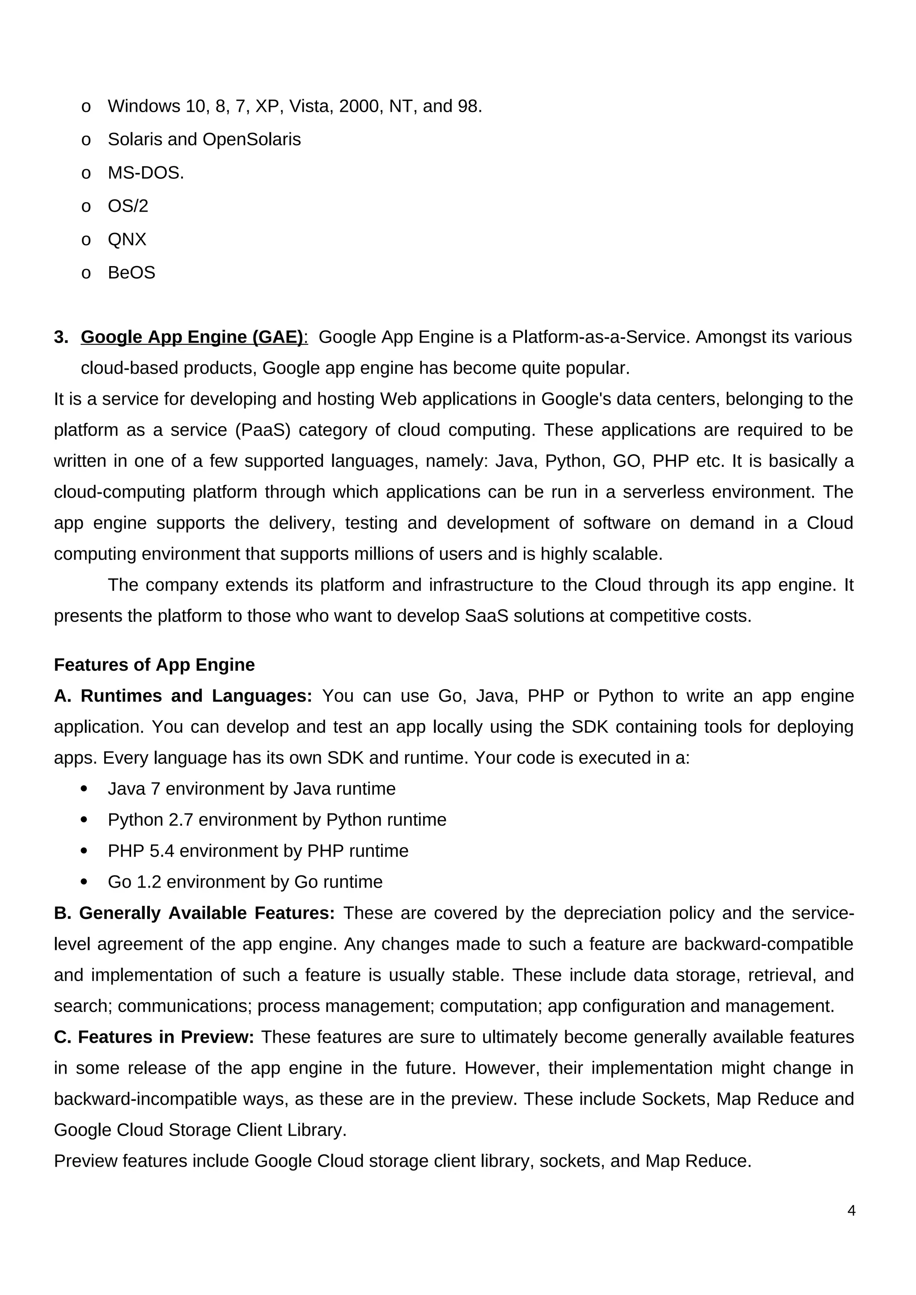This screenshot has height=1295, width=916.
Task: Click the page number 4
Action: pyautogui.click(x=851, y=1210)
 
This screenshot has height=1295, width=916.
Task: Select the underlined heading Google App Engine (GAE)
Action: pyautogui.click(x=192, y=337)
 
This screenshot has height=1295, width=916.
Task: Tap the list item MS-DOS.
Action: pyautogui.click(x=145, y=173)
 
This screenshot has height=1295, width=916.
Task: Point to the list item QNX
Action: pyautogui.click(x=127, y=240)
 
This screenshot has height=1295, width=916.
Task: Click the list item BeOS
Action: pyautogui.click(x=131, y=273)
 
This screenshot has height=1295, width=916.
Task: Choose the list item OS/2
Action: pyautogui.click(x=128, y=207)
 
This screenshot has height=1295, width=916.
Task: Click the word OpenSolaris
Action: pyautogui.click(x=251, y=140)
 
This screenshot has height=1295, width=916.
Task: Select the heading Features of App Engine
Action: pyautogui.click(x=154, y=665)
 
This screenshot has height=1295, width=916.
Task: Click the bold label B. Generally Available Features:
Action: pyautogui.click(x=194, y=913)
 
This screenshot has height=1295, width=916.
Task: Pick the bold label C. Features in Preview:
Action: pyautogui.click(x=154, y=1037)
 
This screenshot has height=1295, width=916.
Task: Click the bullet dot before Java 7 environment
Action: pyautogui.click(x=85, y=789)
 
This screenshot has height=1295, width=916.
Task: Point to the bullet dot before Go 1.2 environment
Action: pyautogui.click(x=85, y=882)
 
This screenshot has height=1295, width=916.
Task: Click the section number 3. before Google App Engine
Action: pyautogui.click(x=61, y=337)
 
